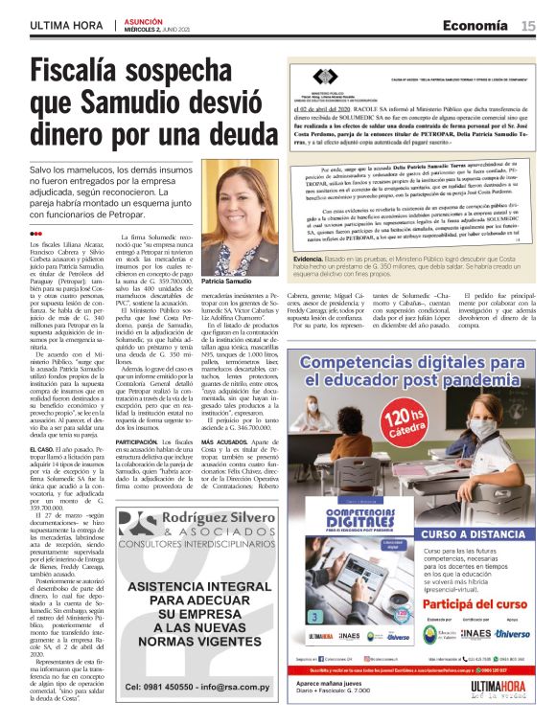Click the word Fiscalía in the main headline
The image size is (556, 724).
(92, 71)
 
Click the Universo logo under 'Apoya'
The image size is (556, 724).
(513, 633)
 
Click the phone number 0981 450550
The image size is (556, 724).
(159, 686)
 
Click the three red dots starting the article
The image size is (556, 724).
(36, 233)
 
